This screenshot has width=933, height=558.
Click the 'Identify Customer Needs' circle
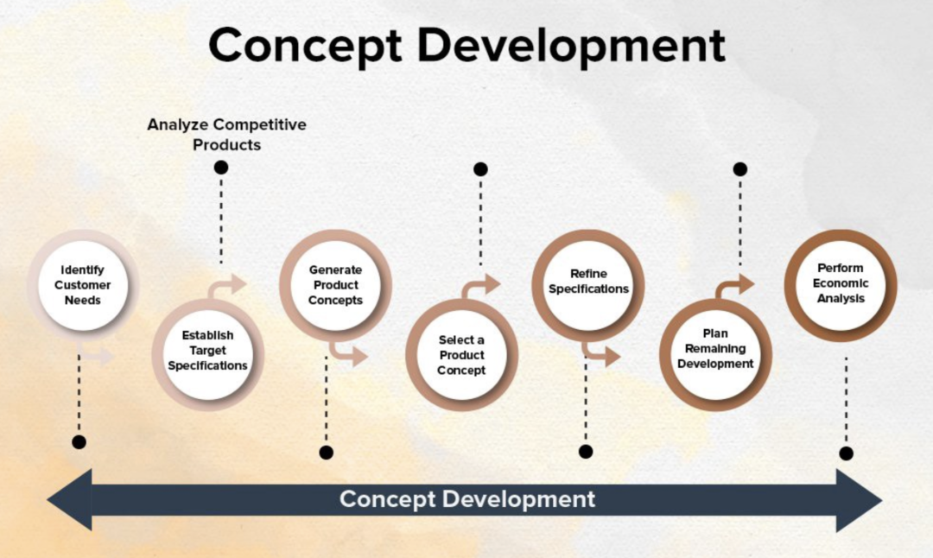(83, 285)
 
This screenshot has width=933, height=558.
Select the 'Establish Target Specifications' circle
(207, 354)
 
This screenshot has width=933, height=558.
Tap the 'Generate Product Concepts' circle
(335, 285)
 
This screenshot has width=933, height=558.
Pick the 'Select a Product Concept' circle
(461, 354)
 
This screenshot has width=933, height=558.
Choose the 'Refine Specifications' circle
(588, 285)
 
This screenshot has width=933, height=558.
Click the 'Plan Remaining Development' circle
(715, 354)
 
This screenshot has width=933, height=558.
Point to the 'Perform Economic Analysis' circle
(841, 285)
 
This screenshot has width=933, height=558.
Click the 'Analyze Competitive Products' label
(226, 135)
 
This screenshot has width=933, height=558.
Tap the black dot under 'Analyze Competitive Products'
(221, 168)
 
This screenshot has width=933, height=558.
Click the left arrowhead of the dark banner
(70, 500)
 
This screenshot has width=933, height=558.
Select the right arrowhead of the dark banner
(860, 500)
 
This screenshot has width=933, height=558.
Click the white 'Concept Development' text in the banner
(467, 499)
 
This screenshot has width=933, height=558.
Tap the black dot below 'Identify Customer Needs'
(79, 442)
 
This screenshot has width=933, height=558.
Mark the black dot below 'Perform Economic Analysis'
(846, 453)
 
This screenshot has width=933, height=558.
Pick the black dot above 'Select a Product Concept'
(481, 169)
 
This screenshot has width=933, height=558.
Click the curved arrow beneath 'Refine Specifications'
(602, 352)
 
